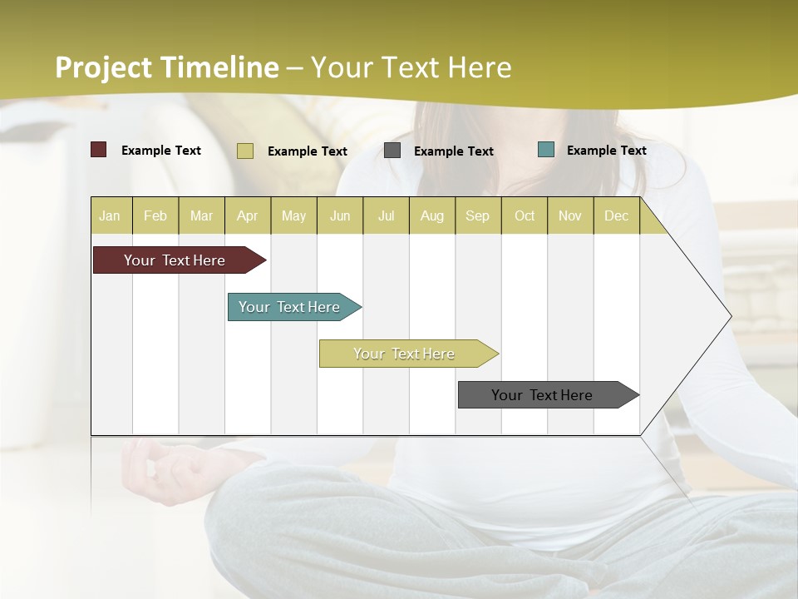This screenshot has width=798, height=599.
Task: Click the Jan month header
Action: pyautogui.click(x=110, y=215)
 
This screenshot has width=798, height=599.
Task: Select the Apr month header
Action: pyautogui.click(x=248, y=215)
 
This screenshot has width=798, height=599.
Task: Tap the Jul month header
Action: pyautogui.click(x=386, y=215)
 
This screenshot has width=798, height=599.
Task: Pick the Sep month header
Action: pyautogui.click(x=477, y=215)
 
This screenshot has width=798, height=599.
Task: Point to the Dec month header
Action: pyautogui.click(x=616, y=215)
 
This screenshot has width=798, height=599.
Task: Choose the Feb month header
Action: pyautogui.click(x=155, y=215)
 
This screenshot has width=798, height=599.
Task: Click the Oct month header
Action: pyautogui.click(x=525, y=215)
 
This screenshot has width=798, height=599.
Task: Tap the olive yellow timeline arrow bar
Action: pyautogui.click(x=405, y=354)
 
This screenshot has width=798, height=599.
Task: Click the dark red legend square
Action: pyautogui.click(x=99, y=150)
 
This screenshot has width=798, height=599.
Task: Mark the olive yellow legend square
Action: pyautogui.click(x=245, y=151)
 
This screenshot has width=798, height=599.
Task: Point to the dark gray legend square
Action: pyautogui.click(x=392, y=151)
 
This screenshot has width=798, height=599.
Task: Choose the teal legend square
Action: pyautogui.click(x=546, y=150)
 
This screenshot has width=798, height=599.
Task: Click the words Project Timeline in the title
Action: pyautogui.click(x=167, y=67)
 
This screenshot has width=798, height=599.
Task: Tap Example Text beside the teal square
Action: pyautogui.click(x=606, y=151)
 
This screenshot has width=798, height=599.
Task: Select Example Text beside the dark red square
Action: pyautogui.click(x=161, y=151)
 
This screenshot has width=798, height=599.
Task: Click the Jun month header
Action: pyautogui.click(x=340, y=215)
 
